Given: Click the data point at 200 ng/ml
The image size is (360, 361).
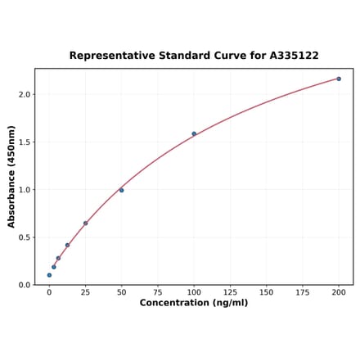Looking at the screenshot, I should click(339, 79).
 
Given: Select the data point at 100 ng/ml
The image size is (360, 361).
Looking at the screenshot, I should click(194, 133).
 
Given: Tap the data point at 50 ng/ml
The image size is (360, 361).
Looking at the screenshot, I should click(121, 190).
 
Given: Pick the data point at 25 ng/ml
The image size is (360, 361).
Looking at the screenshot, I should click(85, 223).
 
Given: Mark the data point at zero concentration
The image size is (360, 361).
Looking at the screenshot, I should click(49, 275).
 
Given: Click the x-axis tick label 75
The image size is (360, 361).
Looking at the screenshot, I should click(158, 292).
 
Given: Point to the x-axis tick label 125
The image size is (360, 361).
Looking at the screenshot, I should click(230, 292).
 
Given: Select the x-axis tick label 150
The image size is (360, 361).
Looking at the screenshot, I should click(266, 292).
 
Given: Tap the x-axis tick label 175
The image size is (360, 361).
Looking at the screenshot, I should click(303, 292).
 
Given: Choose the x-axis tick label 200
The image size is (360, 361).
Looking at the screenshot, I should click(339, 292).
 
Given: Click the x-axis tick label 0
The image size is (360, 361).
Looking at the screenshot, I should click(49, 292).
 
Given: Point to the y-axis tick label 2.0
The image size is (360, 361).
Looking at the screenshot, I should click(24, 95).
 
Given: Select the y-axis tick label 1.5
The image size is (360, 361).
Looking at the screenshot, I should click(24, 142).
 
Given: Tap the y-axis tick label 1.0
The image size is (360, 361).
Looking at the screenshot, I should click(24, 190).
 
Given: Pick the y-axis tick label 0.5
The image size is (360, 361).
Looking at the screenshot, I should click(24, 237).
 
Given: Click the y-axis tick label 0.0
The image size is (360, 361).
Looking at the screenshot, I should click(24, 285).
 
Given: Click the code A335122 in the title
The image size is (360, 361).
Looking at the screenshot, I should click(290, 56).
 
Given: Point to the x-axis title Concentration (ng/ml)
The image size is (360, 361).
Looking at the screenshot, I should click(194, 303).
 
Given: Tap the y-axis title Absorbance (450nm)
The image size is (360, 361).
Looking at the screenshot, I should click(11, 177).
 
